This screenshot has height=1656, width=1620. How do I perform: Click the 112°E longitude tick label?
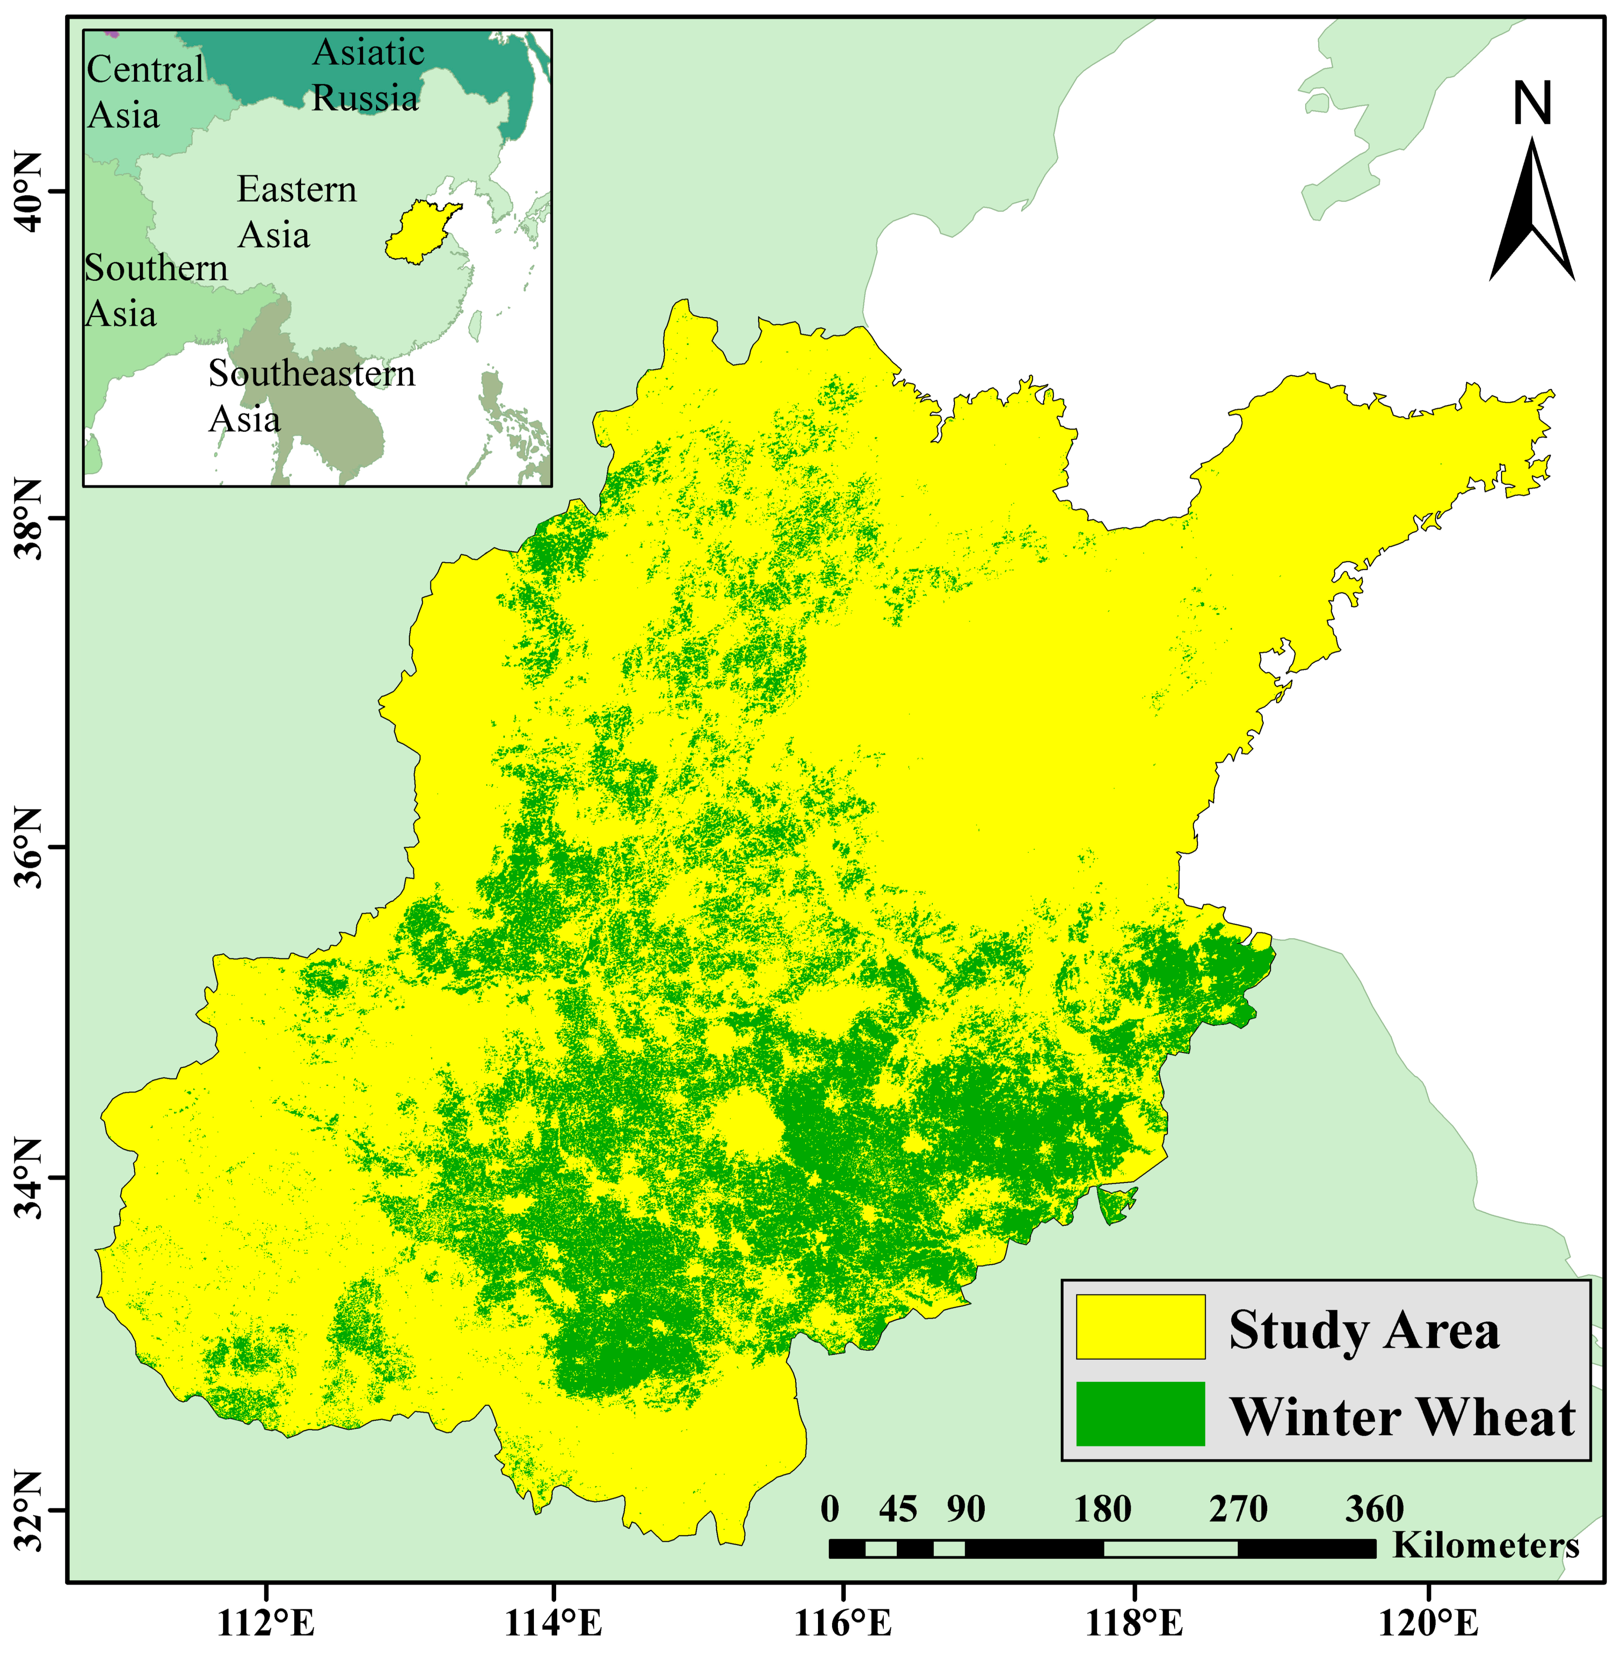266,1623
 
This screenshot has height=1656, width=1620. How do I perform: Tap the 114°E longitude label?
554,1623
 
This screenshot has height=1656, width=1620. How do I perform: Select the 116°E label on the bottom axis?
843,1623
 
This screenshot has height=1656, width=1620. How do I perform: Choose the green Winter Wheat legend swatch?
1140,1413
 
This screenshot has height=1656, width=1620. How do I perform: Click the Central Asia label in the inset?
145,92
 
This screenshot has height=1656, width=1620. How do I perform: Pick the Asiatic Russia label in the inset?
368,75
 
